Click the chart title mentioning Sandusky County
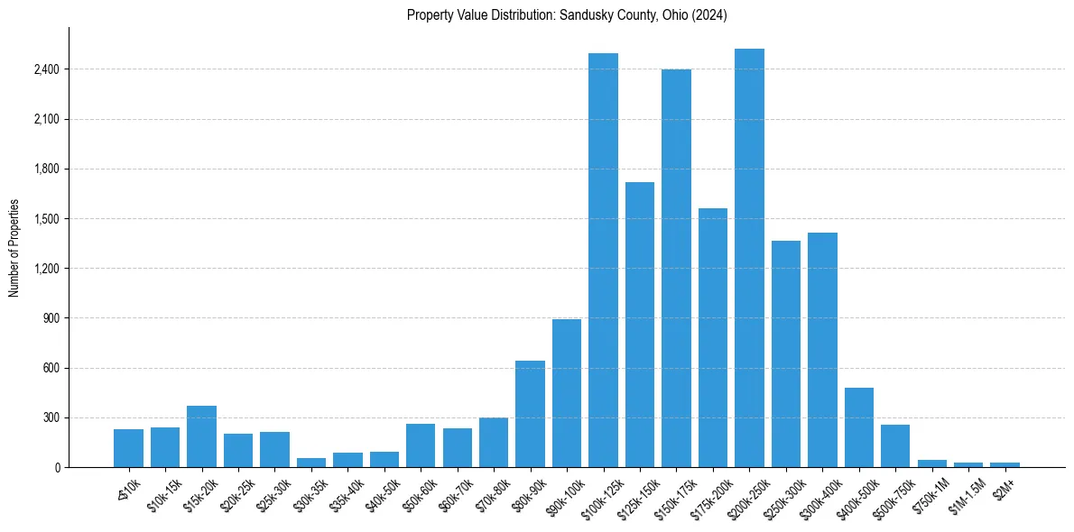tap(567, 15)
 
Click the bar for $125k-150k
tap(640, 325)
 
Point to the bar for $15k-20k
tap(201, 436)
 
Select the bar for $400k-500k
tap(859, 427)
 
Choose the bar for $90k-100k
tap(567, 393)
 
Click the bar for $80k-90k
tap(530, 414)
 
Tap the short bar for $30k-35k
tap(311, 463)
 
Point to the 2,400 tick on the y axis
tap(46, 69)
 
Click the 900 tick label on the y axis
tap(51, 318)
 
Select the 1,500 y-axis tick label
tap(46, 219)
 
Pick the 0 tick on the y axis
tap(56, 467)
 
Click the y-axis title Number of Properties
tap(14, 247)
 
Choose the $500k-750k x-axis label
tap(891, 493)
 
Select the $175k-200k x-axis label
tap(708, 493)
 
